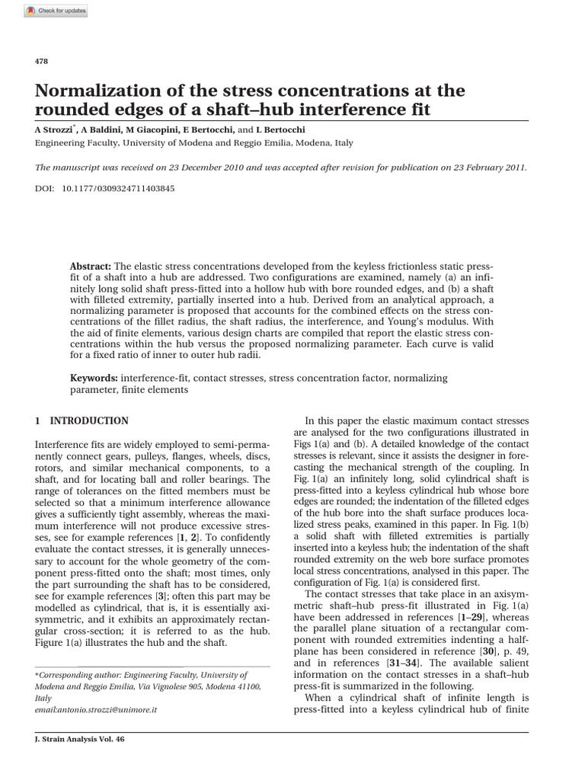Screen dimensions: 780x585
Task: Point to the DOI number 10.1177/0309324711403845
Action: pos(118,187)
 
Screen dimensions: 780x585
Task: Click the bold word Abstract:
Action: pos(91,267)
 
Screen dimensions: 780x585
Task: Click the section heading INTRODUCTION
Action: pos(89,420)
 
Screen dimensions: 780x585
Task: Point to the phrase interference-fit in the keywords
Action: pos(152,378)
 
